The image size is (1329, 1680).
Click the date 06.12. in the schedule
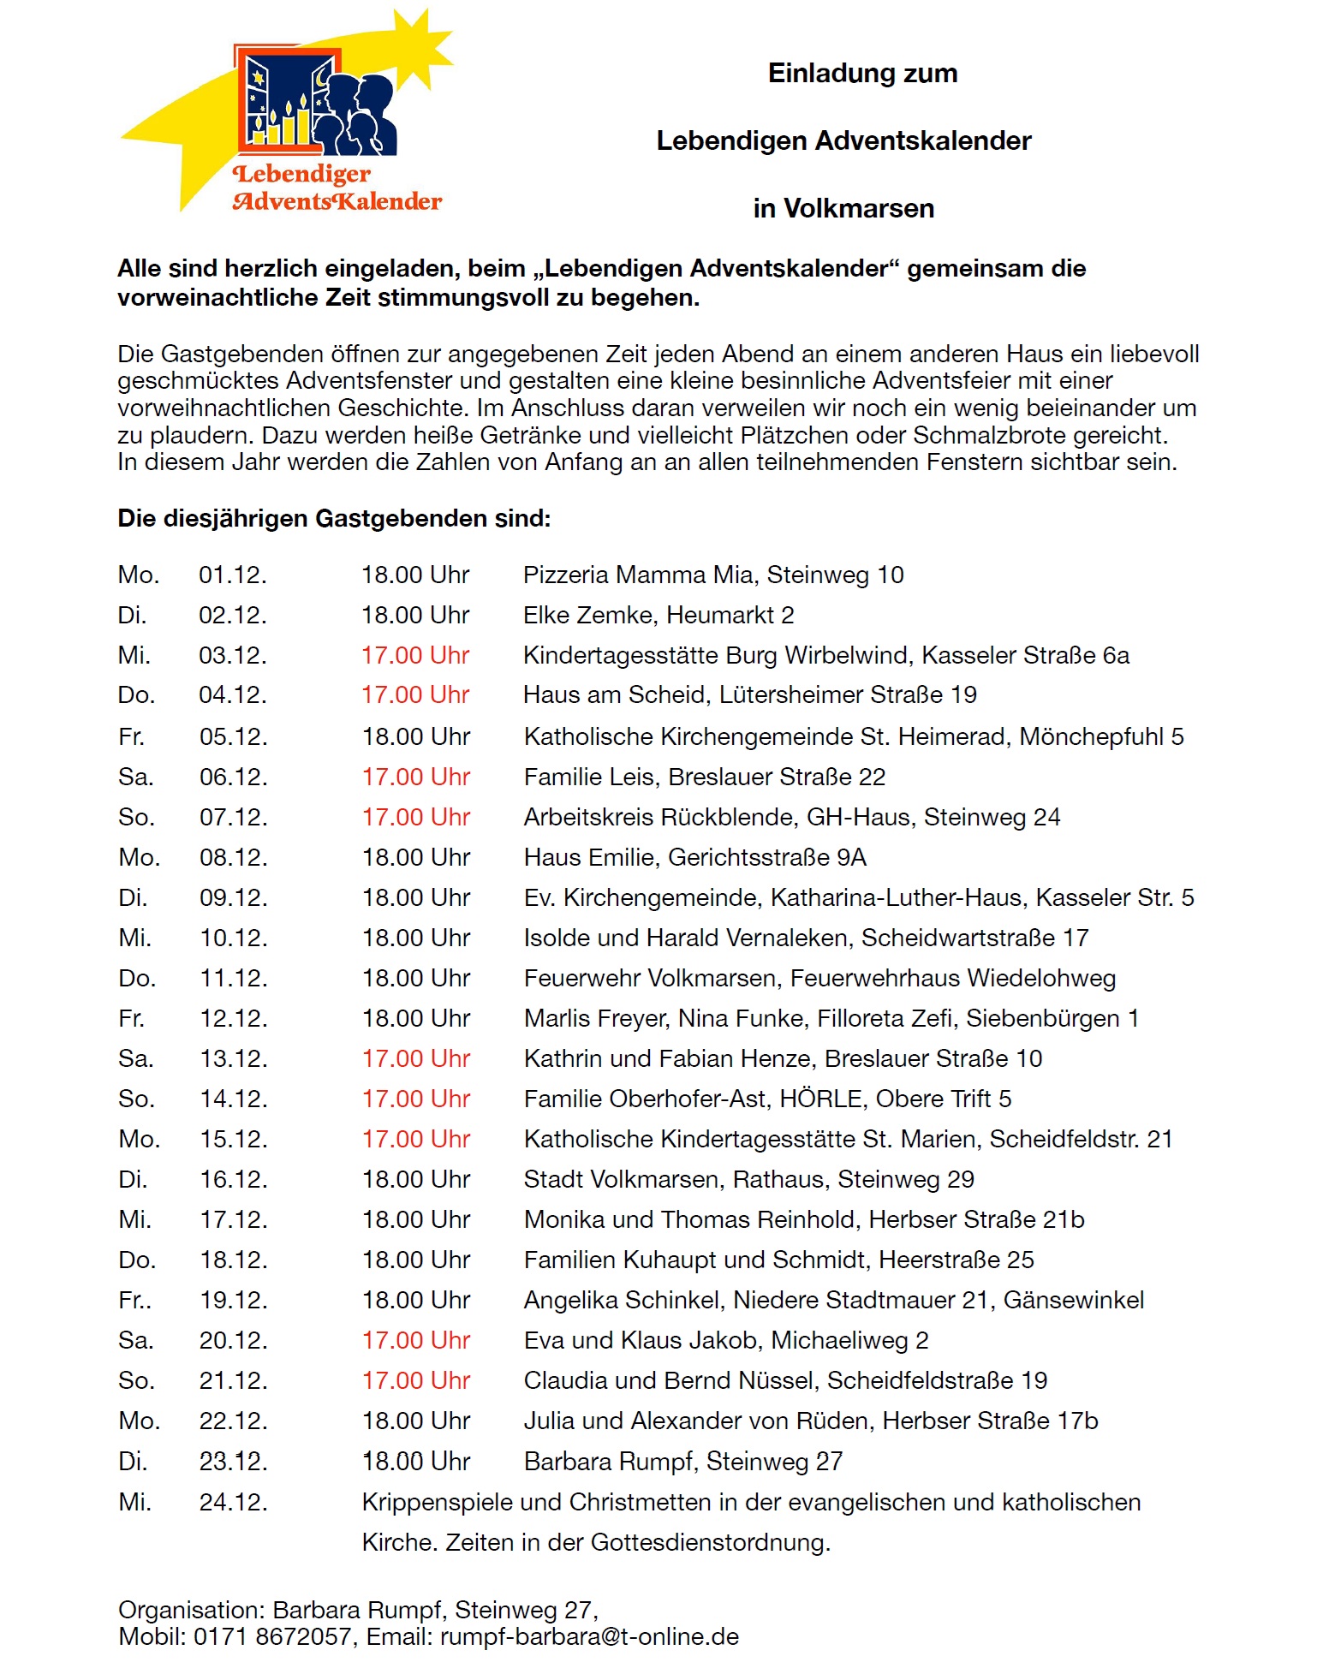point(233,777)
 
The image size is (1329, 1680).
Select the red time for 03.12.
point(415,655)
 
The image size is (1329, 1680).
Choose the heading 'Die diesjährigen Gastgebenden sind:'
point(334,518)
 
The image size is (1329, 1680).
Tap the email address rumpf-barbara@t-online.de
point(589,1636)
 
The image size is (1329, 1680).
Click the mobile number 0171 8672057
point(272,1636)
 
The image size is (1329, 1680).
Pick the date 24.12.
point(233,1502)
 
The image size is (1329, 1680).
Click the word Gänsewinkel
point(1074,1300)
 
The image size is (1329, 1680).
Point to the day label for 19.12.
point(134,1300)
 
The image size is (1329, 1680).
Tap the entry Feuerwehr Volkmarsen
point(650,978)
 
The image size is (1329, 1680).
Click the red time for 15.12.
point(415,1139)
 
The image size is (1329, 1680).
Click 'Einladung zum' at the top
point(862,73)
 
